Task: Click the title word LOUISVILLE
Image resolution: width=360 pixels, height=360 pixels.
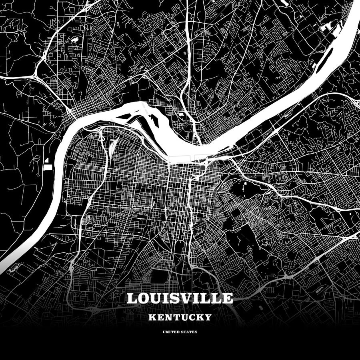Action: [x=180, y=298]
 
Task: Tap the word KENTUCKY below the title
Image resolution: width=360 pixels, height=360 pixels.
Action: [x=180, y=318]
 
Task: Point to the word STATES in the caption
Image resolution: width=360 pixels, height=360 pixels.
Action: [x=189, y=332]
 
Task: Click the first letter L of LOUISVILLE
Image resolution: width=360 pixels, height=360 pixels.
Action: [x=131, y=298]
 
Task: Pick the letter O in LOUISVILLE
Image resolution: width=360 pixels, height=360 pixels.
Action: [x=142, y=298]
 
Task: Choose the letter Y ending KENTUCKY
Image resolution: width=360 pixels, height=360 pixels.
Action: [x=208, y=318]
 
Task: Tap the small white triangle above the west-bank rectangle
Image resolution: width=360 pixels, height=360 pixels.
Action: [x=47, y=160]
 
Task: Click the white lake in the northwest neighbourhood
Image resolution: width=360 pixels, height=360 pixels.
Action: [x=74, y=40]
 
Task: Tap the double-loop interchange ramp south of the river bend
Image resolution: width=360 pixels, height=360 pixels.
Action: [x=101, y=136]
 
